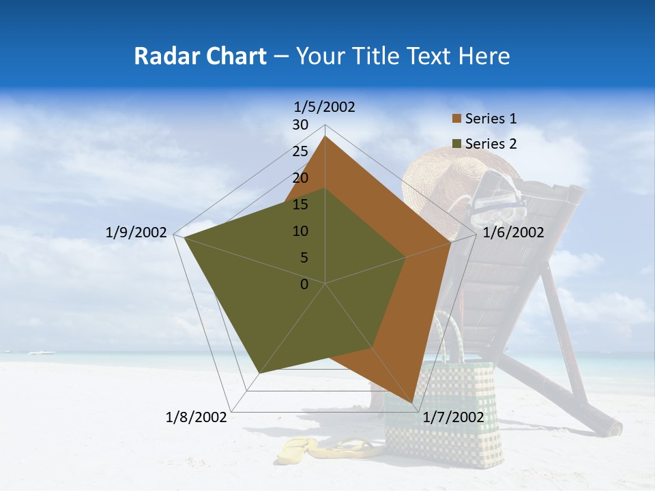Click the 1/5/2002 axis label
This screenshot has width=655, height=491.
pyautogui.click(x=325, y=107)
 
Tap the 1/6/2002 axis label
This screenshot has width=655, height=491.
pyautogui.click(x=513, y=233)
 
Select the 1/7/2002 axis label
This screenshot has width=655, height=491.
pyautogui.click(x=454, y=417)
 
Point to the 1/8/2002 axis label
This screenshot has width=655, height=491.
pyautogui.click(x=196, y=417)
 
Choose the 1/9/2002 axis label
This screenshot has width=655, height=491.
pyautogui.click(x=136, y=233)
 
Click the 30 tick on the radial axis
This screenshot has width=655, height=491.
pyautogui.click(x=300, y=125)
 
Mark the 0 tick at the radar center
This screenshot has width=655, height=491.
pyautogui.click(x=304, y=284)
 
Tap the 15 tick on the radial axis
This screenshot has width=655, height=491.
pyautogui.click(x=300, y=205)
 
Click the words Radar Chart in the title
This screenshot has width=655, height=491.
pyautogui.click(x=200, y=56)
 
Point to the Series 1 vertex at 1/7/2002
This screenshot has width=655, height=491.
pyautogui.click(x=413, y=403)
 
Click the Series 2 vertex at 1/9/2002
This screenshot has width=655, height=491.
pyautogui.click(x=184, y=237)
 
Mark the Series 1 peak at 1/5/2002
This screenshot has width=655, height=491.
pyautogui.click(x=325, y=136)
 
